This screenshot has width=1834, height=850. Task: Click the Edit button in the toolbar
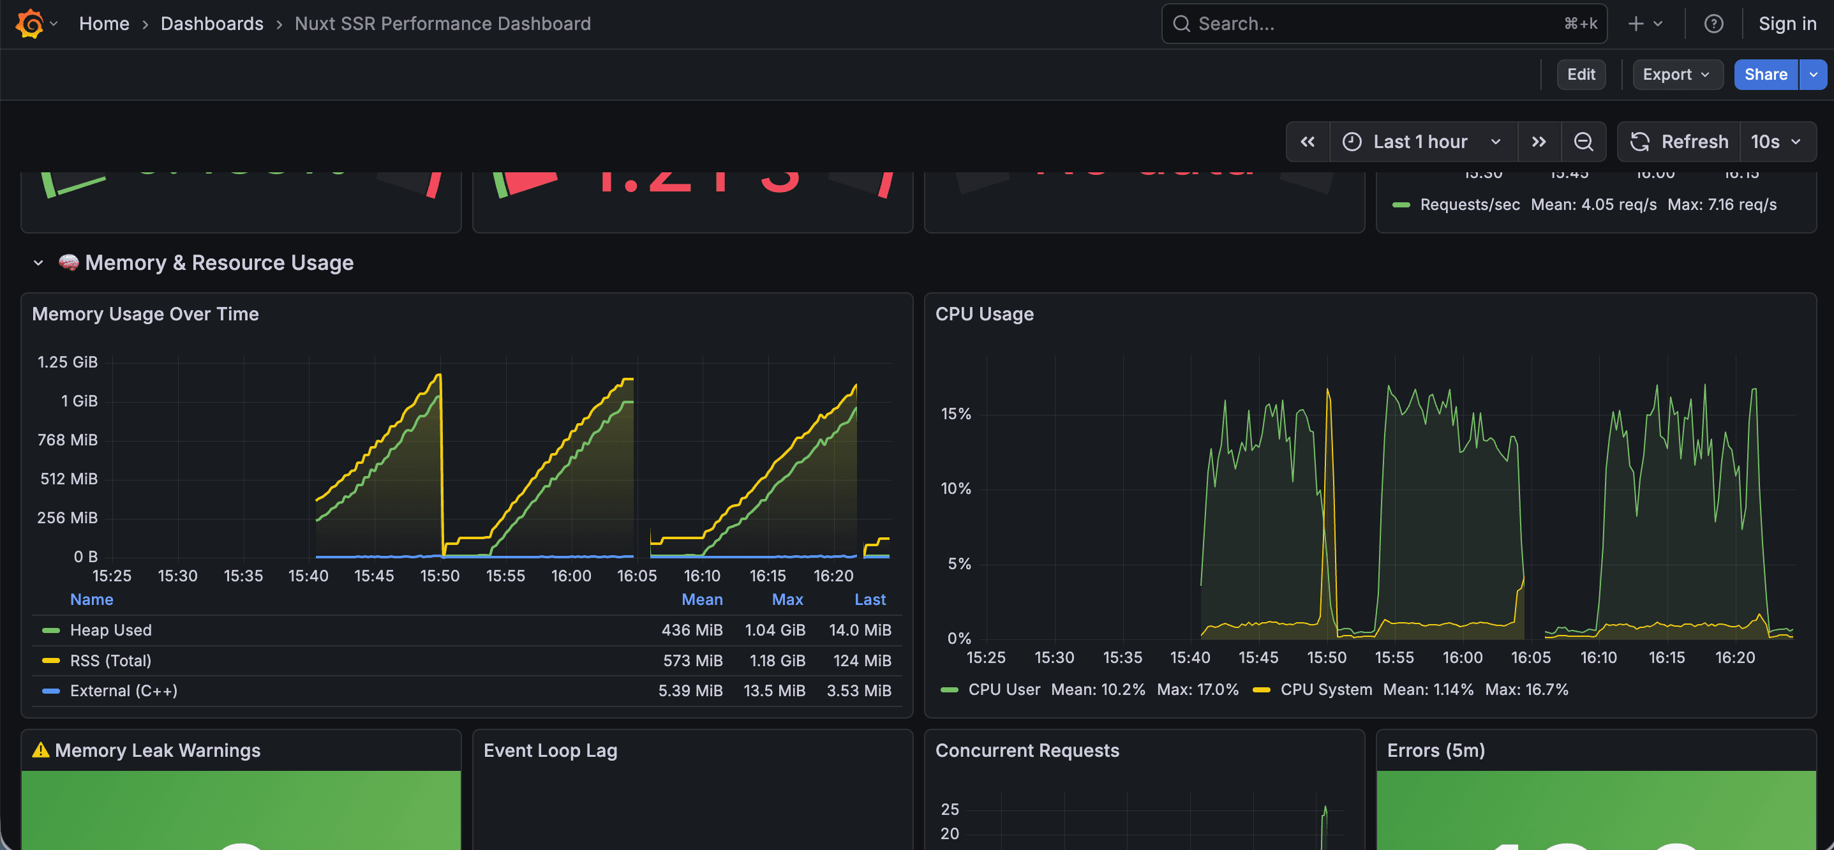click(1581, 75)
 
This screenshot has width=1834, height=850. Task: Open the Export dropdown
click(1676, 75)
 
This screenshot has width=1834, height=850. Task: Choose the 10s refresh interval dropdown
click(1777, 142)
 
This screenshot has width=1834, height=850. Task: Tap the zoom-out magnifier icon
click(1583, 142)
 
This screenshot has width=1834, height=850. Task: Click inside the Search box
click(1374, 24)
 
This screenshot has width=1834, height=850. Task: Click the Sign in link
click(1786, 24)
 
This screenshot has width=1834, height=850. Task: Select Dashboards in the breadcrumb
click(211, 24)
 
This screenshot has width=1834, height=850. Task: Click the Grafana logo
click(30, 24)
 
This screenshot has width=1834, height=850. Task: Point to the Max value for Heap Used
click(775, 630)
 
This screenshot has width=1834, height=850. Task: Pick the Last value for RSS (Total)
click(861, 660)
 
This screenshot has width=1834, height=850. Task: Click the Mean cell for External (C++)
click(690, 690)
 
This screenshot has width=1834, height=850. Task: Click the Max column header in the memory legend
click(787, 599)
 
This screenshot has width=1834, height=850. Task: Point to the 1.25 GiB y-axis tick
click(68, 362)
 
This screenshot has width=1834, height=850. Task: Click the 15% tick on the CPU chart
click(955, 414)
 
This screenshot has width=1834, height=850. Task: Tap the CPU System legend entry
click(1325, 689)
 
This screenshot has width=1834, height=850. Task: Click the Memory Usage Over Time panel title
click(145, 314)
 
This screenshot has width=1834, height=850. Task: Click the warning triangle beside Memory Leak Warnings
click(41, 750)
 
